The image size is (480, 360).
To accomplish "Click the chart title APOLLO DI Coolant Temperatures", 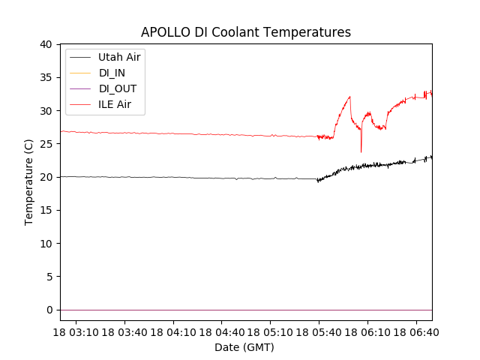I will pos(246,32).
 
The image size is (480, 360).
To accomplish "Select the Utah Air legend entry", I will pos(118,57).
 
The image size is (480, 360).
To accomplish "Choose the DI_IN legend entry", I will pos(112,73).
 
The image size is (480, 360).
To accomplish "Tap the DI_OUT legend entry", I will pos(117,88).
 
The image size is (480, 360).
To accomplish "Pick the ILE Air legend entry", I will pos(114,104).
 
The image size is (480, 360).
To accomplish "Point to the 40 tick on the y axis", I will pos(46,44).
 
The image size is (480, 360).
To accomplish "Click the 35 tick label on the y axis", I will pos(46,77).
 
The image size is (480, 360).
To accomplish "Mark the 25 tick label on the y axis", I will pos(46,144).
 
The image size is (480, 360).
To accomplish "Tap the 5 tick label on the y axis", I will pos(49,277).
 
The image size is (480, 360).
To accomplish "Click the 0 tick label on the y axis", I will pos(49,310).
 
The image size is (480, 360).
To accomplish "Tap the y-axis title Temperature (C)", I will pos(29,181).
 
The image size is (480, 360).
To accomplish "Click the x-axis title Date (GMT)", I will pos(244,347).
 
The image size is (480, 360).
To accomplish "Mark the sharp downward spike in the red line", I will pos(361,151).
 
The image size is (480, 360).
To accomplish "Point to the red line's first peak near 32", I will pos(349,97).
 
